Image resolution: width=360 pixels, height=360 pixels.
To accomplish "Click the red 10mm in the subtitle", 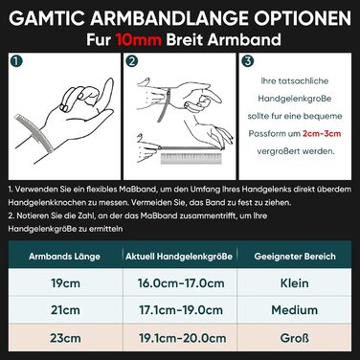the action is coord(138,40).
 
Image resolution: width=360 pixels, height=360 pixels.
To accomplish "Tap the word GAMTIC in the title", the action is coord(48,18).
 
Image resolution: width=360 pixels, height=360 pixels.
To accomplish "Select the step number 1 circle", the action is coord(16,61).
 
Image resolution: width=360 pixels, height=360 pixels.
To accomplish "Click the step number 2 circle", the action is coord(132,61).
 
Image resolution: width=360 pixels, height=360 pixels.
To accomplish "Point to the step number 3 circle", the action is coord(247,61).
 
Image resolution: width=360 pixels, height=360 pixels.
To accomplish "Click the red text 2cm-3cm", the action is coord(322,133).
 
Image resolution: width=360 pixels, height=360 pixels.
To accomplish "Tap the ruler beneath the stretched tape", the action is coord(191,159).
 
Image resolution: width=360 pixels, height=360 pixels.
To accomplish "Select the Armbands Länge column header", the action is coord(64,257).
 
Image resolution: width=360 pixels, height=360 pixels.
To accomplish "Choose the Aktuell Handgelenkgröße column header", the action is coord(179,257).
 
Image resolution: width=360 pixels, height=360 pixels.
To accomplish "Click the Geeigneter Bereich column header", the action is coord(295,257).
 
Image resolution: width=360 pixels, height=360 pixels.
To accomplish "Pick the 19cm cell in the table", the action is coord(65,283).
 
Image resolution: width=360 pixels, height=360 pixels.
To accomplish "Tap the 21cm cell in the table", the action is coord(65,310).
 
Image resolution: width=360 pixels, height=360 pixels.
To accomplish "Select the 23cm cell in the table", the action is coord(65,338).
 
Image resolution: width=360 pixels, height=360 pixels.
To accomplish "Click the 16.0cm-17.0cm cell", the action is coord(181,283).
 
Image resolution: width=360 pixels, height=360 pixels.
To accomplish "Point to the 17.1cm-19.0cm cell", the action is coord(181,310).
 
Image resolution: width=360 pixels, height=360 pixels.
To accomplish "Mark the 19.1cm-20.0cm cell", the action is coord(182,338).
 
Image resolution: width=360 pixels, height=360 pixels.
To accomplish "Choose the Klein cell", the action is coord(295,283).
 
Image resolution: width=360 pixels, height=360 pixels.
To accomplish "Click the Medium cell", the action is coord(295,310).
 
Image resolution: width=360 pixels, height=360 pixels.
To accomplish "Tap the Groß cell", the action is coord(295,338).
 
